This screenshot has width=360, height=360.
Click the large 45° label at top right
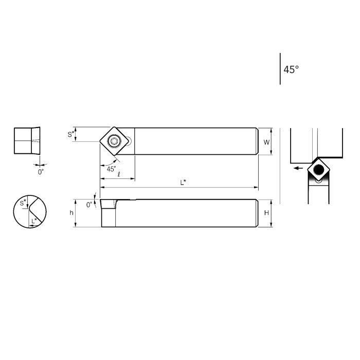(x=291, y=69)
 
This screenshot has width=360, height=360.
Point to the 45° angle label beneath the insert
(x=111, y=168)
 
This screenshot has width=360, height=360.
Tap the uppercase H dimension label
(x=266, y=213)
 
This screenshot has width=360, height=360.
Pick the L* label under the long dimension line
(x=183, y=182)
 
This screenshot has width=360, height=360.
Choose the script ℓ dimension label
(x=119, y=175)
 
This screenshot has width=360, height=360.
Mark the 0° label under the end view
(x=41, y=172)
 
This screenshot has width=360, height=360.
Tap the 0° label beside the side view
(x=89, y=204)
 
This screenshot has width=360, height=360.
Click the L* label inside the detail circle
(x=34, y=221)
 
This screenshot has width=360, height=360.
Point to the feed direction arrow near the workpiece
(x=296, y=168)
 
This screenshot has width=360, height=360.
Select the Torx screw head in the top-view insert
(x=114, y=140)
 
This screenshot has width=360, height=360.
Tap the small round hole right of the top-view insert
(x=131, y=140)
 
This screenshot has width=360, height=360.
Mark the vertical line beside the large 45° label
(x=280, y=68)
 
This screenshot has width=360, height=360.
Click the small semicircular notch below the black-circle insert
(x=319, y=181)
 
